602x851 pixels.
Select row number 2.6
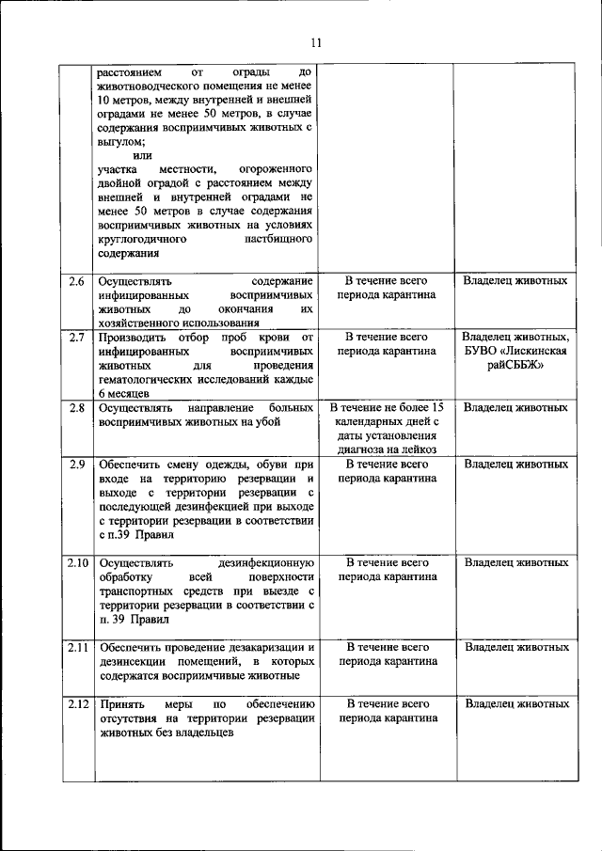click(x=77, y=281)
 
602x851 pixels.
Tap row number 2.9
click(x=77, y=464)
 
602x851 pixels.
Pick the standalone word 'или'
click(x=142, y=155)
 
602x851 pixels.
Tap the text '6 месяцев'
click(x=122, y=392)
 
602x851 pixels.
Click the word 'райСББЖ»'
click(x=516, y=365)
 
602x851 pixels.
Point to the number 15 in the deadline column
click(x=434, y=407)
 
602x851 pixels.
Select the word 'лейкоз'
click(x=420, y=449)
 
